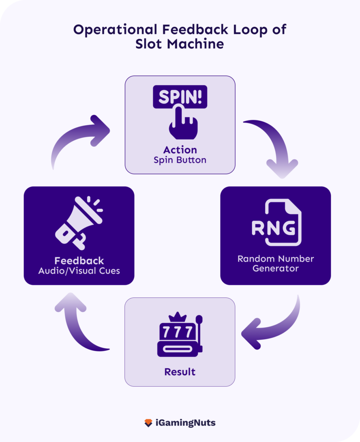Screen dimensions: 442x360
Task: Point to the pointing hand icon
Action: tap(181, 123)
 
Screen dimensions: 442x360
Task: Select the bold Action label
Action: tap(180, 150)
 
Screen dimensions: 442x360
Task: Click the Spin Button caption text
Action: tap(180, 160)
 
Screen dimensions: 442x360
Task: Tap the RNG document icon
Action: tap(276, 223)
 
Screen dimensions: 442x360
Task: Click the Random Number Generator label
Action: tap(275, 263)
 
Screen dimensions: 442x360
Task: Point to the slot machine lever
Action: tap(199, 328)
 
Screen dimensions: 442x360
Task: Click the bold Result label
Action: tap(180, 372)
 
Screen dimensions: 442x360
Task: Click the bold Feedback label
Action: tap(79, 261)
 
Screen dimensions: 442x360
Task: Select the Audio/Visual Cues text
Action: tap(79, 271)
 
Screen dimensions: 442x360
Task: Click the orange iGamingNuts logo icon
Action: tap(148, 423)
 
